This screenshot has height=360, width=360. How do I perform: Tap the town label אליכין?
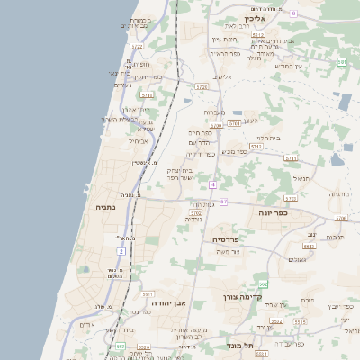coord(256,18)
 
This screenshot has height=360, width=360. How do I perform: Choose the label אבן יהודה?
coord(167,303)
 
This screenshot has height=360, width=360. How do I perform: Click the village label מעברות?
coord(213,112)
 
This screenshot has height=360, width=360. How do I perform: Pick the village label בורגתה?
coord(337,193)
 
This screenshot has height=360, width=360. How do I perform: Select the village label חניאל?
coord(301,178)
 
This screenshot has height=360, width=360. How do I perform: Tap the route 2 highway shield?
coord(121,251)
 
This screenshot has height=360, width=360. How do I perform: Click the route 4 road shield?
coord(212,184)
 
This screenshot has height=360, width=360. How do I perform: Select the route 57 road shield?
coord(223,202)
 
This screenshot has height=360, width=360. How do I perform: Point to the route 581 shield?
coord(342,62)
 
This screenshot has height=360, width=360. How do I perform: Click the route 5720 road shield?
coord(201,87)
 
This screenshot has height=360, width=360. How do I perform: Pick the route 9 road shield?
coord(293,13)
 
